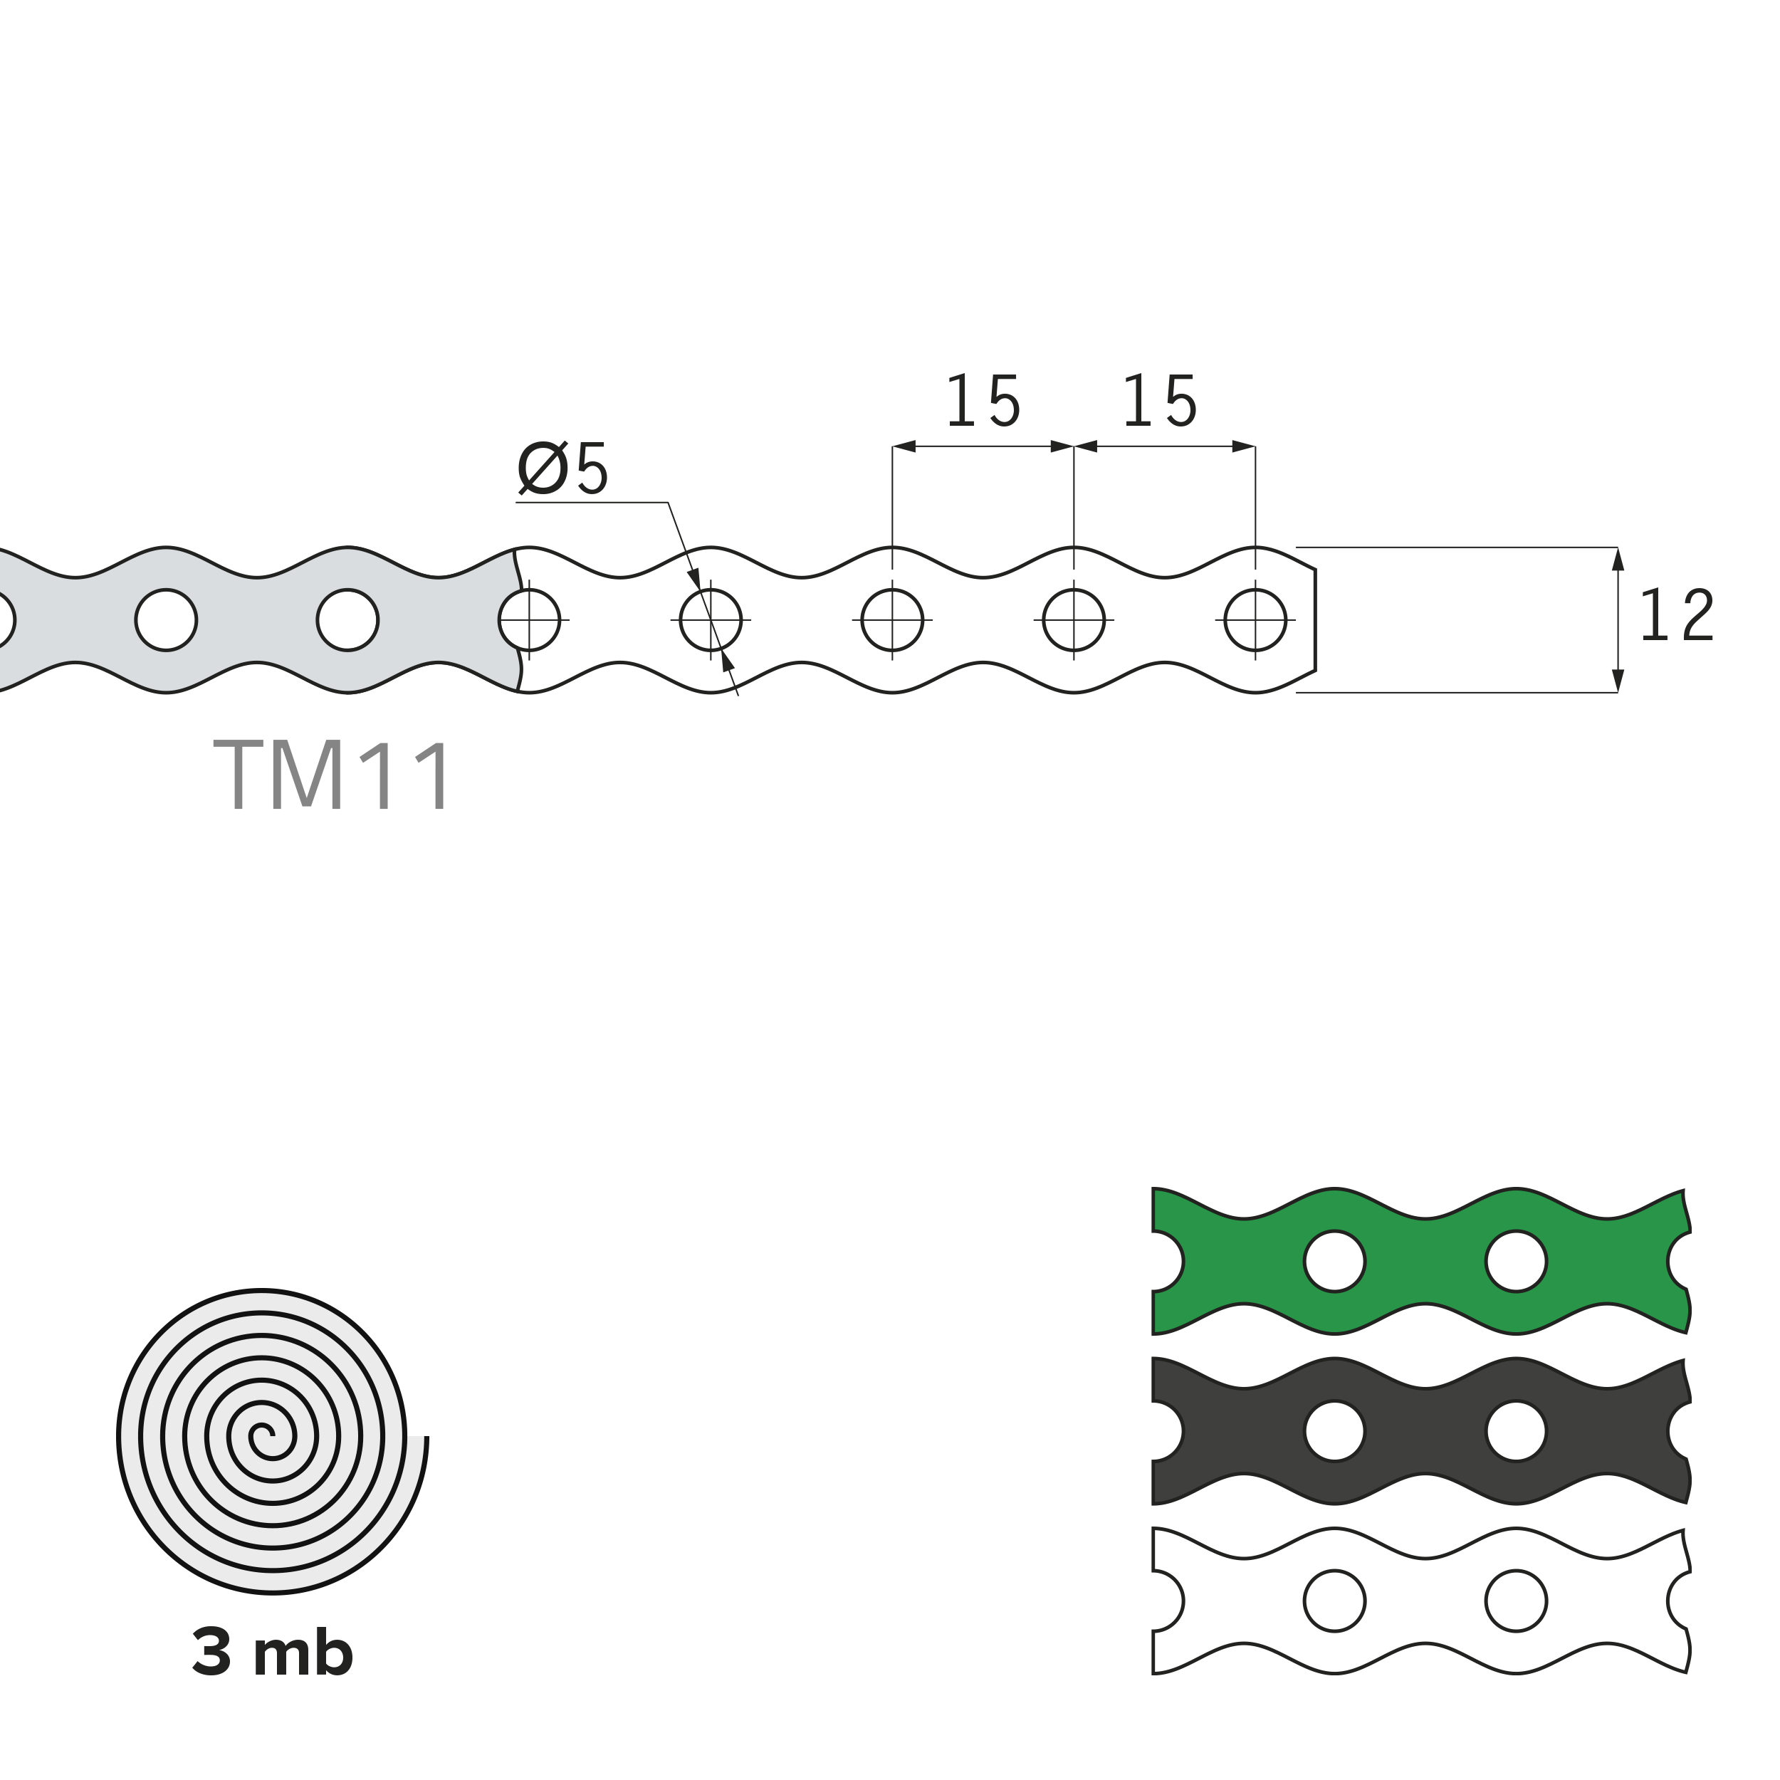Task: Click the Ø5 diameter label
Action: pyautogui.click(x=563, y=468)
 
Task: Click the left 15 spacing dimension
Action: pyautogui.click(x=983, y=402)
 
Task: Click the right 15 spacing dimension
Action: pyautogui.click(x=1160, y=402)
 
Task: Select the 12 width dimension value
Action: pyautogui.click(x=1676, y=615)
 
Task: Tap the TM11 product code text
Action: pyautogui.click(x=333, y=776)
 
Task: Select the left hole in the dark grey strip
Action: pyautogui.click(x=1334, y=1431)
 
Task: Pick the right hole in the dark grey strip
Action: pyautogui.click(x=1516, y=1431)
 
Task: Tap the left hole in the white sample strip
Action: pyautogui.click(x=1334, y=1601)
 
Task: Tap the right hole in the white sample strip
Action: pyautogui.click(x=1516, y=1601)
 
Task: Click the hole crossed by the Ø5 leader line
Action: pyautogui.click(x=711, y=619)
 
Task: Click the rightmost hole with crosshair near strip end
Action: pyautogui.click(x=1255, y=619)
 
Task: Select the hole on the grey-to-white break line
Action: pyautogui.click(x=529, y=619)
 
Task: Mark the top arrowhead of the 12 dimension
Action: pyautogui.click(x=1618, y=559)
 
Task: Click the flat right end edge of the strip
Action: pyautogui.click(x=1315, y=619)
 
